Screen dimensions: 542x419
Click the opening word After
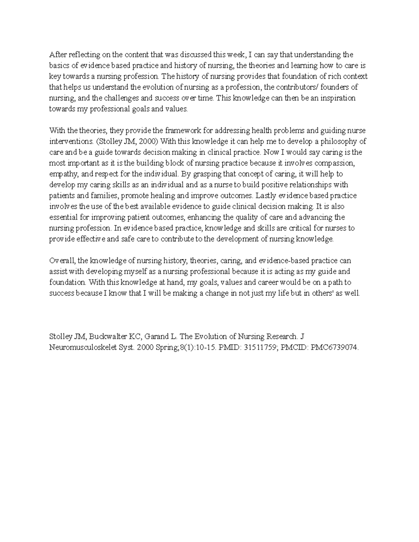click(58, 55)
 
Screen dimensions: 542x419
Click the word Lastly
click(266, 195)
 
